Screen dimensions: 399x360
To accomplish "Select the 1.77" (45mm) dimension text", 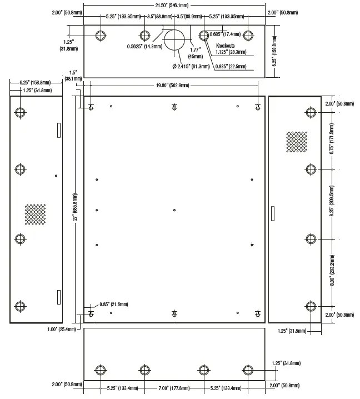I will (196, 52).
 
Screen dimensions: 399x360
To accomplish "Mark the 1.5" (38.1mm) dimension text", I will (72, 76).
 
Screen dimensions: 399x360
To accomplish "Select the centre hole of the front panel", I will (174, 210).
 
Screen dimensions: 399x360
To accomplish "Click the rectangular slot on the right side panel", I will (272, 213).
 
